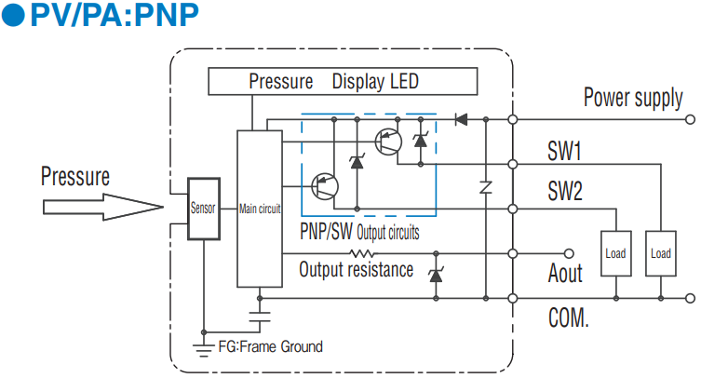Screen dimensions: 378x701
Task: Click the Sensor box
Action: (202, 209)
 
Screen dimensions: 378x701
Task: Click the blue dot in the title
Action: (13, 18)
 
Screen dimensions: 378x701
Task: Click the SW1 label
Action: (564, 151)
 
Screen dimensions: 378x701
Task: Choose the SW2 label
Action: (564, 192)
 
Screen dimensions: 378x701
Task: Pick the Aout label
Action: (565, 273)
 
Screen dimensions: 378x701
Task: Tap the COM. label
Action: (569, 318)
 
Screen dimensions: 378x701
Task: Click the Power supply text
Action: (633, 97)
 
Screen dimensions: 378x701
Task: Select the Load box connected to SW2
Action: (615, 253)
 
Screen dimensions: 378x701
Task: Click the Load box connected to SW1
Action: (660, 253)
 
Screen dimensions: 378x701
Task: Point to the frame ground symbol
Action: (203, 347)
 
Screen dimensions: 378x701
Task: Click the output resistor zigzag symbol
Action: (361, 252)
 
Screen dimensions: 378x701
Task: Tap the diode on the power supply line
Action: (460, 119)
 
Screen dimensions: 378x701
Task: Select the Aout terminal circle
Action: (569, 252)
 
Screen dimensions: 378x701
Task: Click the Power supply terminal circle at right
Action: (689, 119)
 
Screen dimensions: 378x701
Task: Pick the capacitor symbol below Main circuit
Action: (260, 306)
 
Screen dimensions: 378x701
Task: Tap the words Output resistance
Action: (356, 270)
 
